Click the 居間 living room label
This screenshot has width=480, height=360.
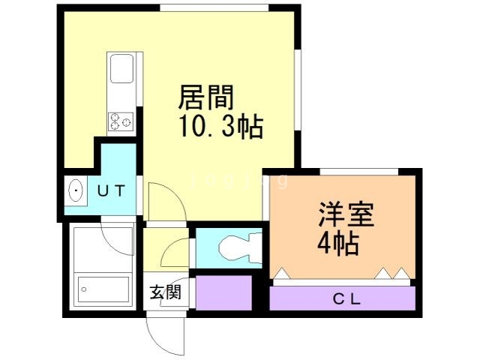(x=205, y=97)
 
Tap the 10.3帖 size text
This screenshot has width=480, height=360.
(x=221, y=127)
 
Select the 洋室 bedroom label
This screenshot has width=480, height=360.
(x=346, y=214)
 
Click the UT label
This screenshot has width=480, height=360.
(x=112, y=190)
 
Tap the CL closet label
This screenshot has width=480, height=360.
(x=346, y=299)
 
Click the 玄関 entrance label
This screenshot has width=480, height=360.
(x=165, y=292)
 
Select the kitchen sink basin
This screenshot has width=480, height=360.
(x=121, y=68)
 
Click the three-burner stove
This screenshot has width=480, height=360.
(x=121, y=122)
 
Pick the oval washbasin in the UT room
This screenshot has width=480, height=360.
(x=76, y=190)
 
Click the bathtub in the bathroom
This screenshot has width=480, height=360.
(x=103, y=289)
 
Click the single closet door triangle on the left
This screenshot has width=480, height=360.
(x=281, y=273)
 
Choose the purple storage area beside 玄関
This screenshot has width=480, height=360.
(x=223, y=293)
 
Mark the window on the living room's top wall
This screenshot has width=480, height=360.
(x=214, y=7)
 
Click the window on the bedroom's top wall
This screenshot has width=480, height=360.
(x=359, y=172)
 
